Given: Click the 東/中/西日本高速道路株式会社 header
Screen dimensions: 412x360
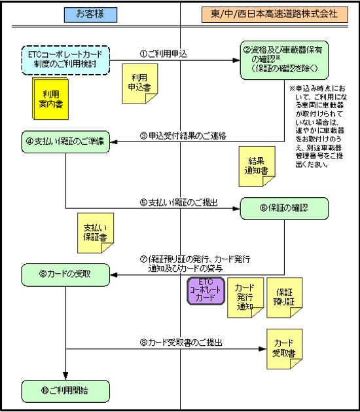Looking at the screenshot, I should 269,14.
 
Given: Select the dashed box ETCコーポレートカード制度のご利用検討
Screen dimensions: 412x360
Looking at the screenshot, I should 65,58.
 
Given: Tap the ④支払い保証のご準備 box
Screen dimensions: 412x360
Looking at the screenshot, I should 65,141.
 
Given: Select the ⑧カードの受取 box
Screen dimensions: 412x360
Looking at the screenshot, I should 65,273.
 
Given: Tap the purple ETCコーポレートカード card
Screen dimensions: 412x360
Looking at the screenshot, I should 206,290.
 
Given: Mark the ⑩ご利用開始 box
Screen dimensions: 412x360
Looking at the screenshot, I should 65,390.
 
